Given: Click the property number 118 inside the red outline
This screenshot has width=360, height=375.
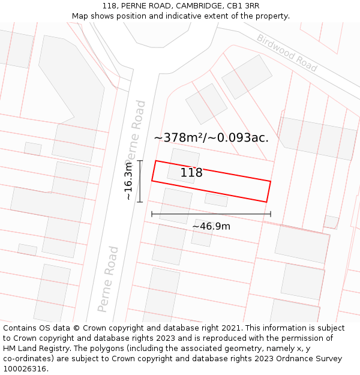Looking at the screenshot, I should [191, 173].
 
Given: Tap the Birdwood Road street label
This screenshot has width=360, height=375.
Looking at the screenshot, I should [287, 53].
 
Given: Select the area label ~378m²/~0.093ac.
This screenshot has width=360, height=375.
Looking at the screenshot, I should [211, 137].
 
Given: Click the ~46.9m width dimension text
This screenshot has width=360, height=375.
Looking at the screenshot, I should [211, 226].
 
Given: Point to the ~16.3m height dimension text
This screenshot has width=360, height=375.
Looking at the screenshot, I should [128, 182].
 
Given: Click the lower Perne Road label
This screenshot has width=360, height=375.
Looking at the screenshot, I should [109, 278].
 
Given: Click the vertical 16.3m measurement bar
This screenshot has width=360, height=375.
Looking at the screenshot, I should [140, 181].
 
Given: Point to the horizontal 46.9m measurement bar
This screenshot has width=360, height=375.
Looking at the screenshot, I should [211, 214].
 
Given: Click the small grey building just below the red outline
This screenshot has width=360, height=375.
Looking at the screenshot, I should [216, 199].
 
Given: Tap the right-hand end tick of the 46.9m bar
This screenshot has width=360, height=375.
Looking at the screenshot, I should [271, 214].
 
